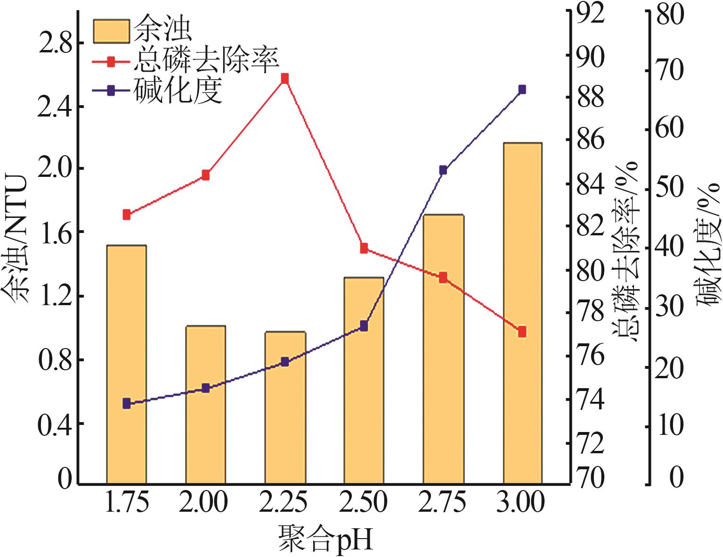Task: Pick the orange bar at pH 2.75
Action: point(443,349)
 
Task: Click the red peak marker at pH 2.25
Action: point(284,78)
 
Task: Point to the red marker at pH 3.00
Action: point(522,332)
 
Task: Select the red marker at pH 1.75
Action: point(126,215)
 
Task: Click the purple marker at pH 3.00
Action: point(522,90)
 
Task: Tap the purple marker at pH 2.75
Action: point(443,170)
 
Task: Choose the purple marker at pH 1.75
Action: point(126,403)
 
